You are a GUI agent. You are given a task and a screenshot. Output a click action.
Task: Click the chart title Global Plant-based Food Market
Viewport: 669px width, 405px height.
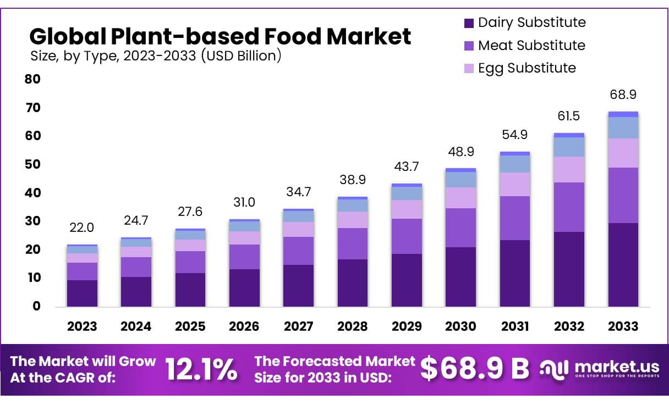[x=220, y=37]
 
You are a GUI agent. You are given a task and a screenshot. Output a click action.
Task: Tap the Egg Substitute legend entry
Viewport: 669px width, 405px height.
[x=520, y=68]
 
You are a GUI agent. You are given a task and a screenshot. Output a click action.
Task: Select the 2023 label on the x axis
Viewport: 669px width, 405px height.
[x=82, y=326]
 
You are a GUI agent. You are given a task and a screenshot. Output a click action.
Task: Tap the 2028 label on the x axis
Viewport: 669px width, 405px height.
[x=352, y=326]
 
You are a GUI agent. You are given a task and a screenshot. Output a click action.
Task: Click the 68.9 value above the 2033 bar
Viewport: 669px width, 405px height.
[x=623, y=95]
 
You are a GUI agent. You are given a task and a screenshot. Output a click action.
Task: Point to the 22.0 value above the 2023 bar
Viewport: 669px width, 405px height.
[x=82, y=227]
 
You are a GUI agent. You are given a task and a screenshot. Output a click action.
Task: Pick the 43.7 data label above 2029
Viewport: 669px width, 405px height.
[x=406, y=166]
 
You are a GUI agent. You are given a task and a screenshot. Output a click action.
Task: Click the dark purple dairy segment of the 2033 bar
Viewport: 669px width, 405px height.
[x=623, y=264]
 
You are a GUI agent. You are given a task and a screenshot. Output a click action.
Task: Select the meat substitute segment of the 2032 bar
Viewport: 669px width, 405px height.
[x=569, y=207]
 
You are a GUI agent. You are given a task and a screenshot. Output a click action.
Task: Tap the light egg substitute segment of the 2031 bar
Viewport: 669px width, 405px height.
[x=514, y=184]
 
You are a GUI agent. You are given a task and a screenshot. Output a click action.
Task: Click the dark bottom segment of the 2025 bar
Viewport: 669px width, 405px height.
[x=190, y=290]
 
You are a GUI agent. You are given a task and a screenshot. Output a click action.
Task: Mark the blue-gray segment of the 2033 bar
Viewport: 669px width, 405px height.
[x=623, y=127]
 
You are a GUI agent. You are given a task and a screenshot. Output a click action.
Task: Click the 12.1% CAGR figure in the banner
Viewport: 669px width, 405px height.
[x=201, y=370]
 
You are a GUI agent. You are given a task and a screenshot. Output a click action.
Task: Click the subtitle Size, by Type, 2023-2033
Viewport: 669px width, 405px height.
[x=155, y=56]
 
